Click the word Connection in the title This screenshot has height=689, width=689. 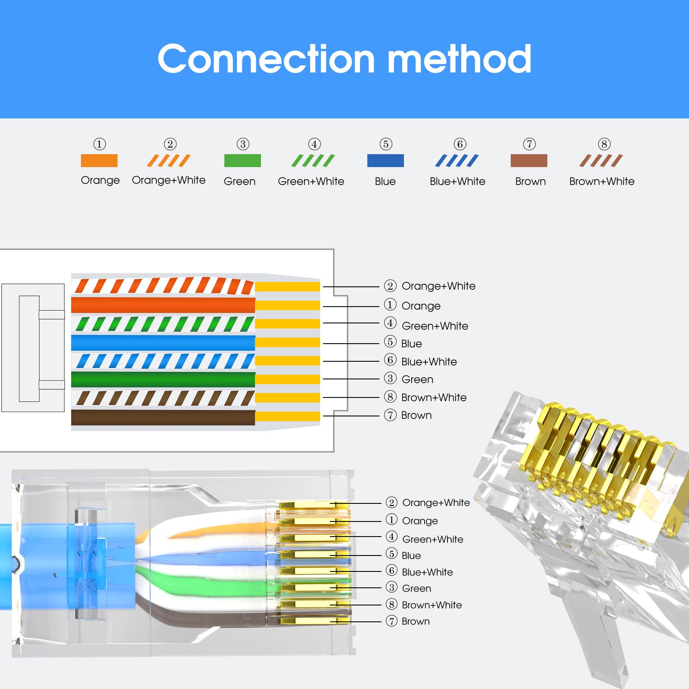(x=266, y=59)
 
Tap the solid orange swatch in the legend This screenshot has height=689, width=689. (x=99, y=161)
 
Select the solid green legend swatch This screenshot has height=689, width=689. (x=242, y=161)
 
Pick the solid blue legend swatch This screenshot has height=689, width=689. (x=385, y=161)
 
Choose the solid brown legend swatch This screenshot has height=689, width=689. (x=529, y=161)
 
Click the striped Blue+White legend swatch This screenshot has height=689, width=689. (x=457, y=161)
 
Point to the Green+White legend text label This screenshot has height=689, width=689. (x=311, y=181)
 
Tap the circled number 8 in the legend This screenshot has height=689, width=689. (x=604, y=144)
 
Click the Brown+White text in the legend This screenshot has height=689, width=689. (x=602, y=181)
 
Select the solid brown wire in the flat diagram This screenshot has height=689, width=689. (x=163, y=417)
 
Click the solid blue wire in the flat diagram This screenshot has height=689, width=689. (x=163, y=343)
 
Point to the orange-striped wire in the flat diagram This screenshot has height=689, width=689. (x=163, y=286)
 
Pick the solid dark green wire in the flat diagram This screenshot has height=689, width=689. (x=163, y=379)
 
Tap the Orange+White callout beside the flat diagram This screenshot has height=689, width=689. (x=430, y=286)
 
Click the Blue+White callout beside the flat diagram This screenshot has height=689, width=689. (x=420, y=361)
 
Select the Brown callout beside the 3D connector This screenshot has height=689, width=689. (x=408, y=621)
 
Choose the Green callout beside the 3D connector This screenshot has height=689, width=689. (x=408, y=588)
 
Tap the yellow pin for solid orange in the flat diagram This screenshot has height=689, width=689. (x=287, y=305)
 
